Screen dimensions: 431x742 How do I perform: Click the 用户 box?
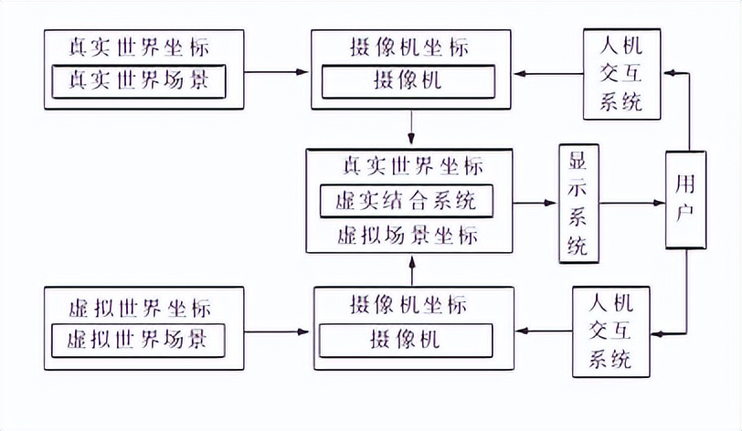685,198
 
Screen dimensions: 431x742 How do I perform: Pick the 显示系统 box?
578,202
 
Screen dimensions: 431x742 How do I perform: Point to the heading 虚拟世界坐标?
144,306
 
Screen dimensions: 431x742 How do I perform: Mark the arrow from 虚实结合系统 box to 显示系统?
535,202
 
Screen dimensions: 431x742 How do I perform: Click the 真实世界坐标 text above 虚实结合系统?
412,167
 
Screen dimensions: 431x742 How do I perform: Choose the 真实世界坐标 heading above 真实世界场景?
144,46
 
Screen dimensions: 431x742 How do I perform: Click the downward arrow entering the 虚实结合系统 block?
412,129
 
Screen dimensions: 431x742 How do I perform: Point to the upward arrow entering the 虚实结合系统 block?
412,268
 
